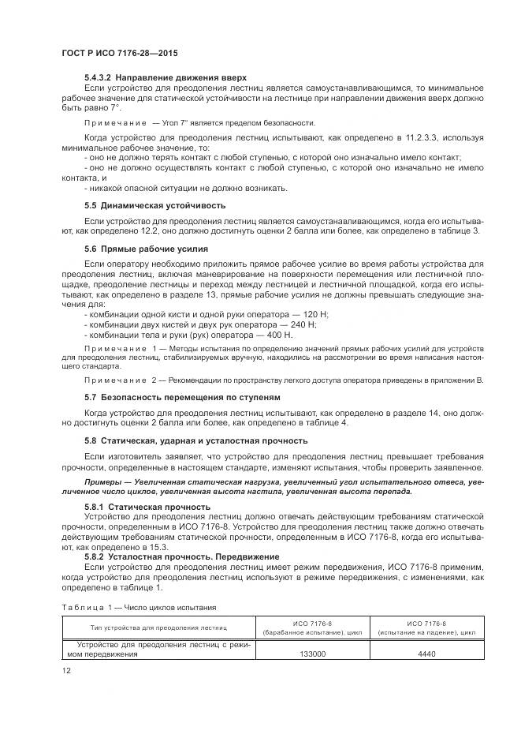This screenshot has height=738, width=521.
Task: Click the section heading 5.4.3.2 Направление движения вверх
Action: (x=166, y=77)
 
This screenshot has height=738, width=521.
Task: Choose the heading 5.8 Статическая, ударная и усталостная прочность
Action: (x=195, y=440)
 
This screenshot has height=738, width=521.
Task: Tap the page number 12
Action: (x=66, y=670)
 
